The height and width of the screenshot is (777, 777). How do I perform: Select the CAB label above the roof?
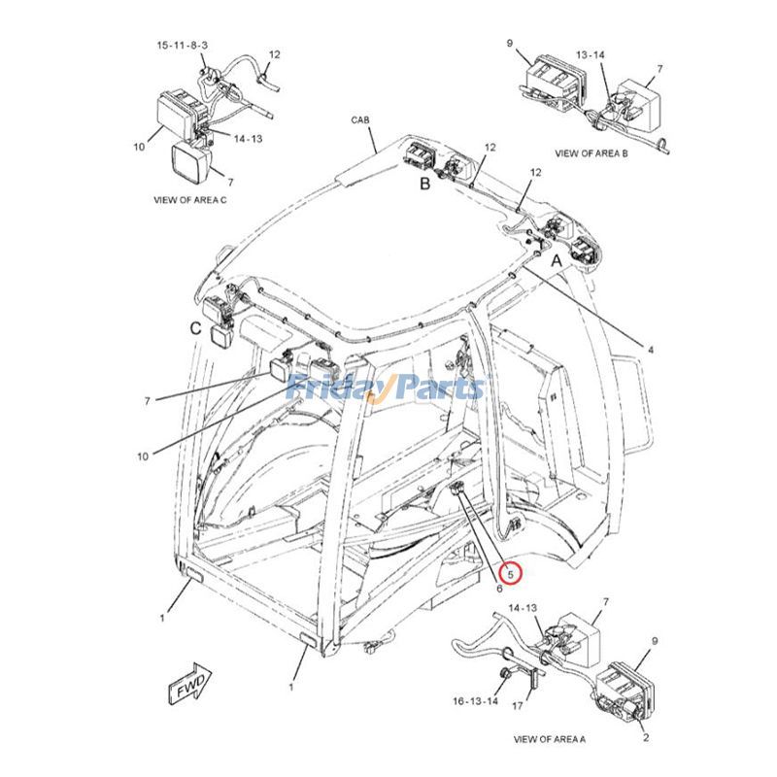[x=360, y=119]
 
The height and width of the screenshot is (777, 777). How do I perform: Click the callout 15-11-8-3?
[x=176, y=46]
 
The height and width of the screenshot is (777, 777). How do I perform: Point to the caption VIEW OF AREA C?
[x=189, y=199]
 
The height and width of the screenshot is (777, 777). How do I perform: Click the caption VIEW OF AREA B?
[x=591, y=152]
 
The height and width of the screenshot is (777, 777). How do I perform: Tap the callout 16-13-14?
[x=476, y=700]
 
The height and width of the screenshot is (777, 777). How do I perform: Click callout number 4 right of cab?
[x=650, y=349]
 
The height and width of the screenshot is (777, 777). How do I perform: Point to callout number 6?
[x=498, y=588]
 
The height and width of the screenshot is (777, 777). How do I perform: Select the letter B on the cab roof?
[x=424, y=184]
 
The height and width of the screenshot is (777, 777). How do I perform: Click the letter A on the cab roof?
[x=557, y=261]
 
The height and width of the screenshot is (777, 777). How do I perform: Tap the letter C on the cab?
[x=195, y=328]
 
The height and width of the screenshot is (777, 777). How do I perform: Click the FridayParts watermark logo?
[x=386, y=388]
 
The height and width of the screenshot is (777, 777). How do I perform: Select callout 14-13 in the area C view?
[x=248, y=138]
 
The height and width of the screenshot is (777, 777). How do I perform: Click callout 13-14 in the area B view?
[x=590, y=54]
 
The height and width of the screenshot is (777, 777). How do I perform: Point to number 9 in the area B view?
[x=509, y=43]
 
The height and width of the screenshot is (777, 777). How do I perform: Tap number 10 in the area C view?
[x=139, y=147]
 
